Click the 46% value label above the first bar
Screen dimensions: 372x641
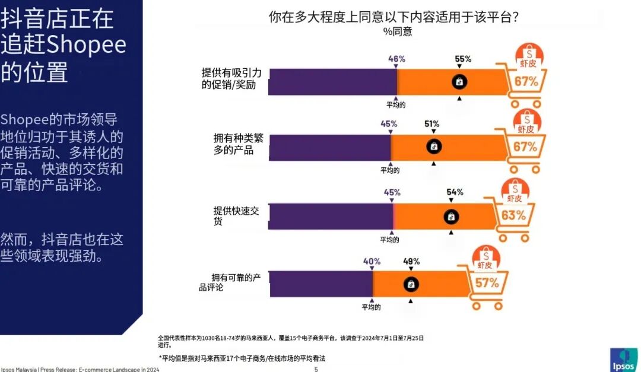click(x=396, y=59)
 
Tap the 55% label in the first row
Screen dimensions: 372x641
click(x=463, y=59)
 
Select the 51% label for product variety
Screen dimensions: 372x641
click(x=431, y=124)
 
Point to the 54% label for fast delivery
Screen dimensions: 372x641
click(x=455, y=192)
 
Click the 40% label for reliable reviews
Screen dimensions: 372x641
click(x=372, y=261)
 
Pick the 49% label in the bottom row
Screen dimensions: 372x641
click(x=411, y=261)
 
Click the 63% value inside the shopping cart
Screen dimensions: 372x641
click(x=513, y=215)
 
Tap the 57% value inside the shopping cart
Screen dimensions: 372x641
click(x=487, y=283)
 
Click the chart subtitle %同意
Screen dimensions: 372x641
click(x=397, y=32)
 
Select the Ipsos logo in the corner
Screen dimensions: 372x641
click(x=624, y=359)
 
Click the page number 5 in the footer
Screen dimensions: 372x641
click(x=316, y=369)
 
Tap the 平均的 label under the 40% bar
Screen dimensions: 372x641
click(x=372, y=307)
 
